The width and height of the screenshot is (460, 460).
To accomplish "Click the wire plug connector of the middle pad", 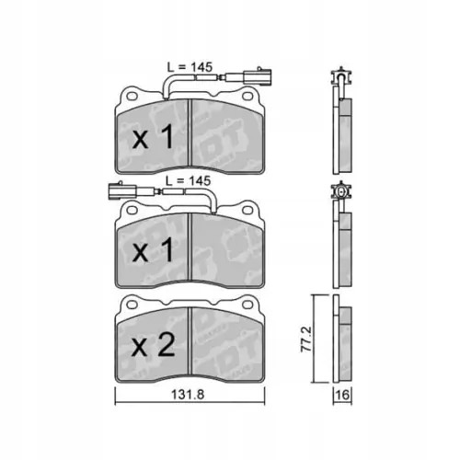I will [x=118, y=193].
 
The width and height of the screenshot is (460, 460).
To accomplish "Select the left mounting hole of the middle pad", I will [x=130, y=211].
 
